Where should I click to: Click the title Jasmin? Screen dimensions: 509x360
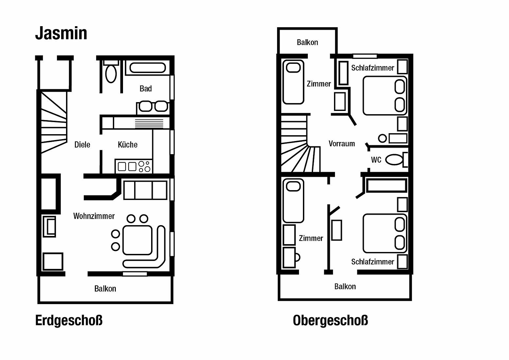pos(61,33)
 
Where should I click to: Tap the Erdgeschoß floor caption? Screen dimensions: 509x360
pos(69,320)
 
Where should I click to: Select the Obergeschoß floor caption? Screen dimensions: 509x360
pos(330,320)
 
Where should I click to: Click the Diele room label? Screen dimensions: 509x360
pos(82,145)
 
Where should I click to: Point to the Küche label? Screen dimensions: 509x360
pos(128,145)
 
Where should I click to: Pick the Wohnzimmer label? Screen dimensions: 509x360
pos(94,216)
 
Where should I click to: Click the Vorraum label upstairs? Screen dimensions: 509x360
pos(342,144)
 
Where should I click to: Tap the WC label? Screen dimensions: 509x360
pos(376,160)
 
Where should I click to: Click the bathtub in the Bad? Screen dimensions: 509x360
pos(148,68)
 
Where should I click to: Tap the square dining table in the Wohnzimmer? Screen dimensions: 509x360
pos(137,240)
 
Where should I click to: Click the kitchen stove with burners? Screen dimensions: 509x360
pos(134,166)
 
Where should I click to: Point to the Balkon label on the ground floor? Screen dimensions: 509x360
pos(105,289)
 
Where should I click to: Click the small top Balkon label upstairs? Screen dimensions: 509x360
pos(307,42)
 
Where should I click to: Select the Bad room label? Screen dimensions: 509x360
pos(146,88)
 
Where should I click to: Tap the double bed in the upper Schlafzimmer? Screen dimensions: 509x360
pos(385,96)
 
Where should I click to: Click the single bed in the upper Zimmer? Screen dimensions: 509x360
pos(293,82)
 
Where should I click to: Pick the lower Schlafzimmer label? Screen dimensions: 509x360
pos(373,262)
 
